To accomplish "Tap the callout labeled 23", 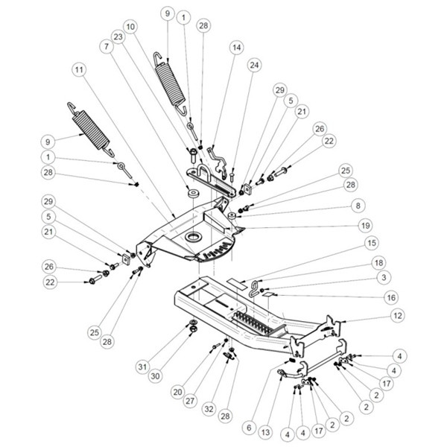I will click(x=118, y=37).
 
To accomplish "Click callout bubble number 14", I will click(x=237, y=47).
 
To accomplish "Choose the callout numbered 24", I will click(x=255, y=65).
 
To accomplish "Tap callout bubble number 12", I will click(x=398, y=317).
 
